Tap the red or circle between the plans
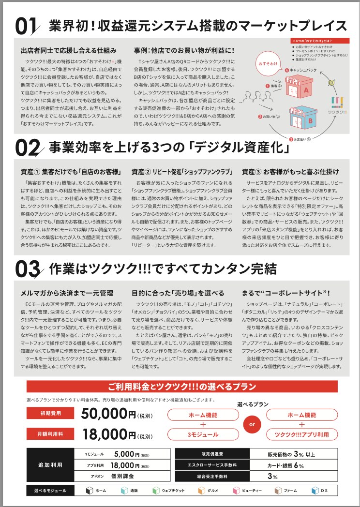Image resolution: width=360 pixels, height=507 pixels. point(252,424)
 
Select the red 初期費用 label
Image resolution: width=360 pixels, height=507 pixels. point(51,414)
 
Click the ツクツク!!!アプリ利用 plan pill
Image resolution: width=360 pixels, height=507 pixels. point(302,434)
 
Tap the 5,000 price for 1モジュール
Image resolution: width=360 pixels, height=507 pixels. point(126,454)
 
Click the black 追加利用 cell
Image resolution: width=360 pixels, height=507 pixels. point(50,465)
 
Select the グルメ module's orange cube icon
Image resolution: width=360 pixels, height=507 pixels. point(202,491)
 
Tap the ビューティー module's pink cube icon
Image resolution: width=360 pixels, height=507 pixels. point(237,491)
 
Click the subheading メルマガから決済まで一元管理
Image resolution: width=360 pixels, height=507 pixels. point(67,293)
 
